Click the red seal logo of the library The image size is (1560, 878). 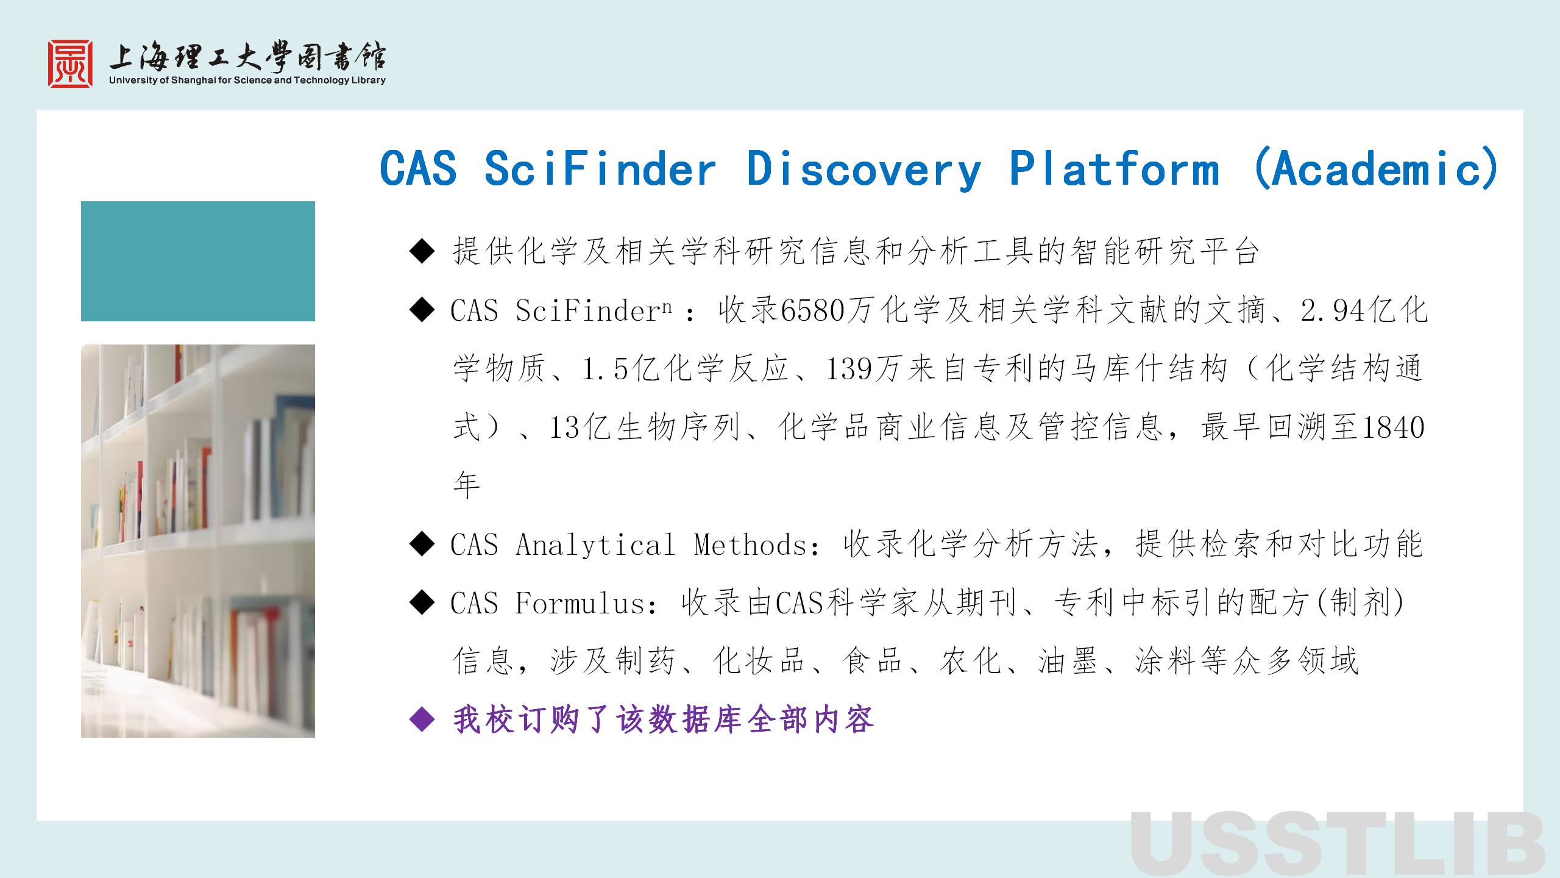[x=71, y=64]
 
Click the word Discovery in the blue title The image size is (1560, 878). [x=863, y=170]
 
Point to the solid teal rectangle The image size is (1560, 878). [x=198, y=261]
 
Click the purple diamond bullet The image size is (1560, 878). [x=422, y=719]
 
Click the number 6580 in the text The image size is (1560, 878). [x=812, y=310]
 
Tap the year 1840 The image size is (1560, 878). [x=1393, y=427]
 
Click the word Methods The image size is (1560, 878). [x=751, y=544]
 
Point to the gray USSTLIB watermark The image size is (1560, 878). [x=1337, y=844]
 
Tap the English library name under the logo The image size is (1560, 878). [x=247, y=80]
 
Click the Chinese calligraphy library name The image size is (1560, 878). [x=247, y=56]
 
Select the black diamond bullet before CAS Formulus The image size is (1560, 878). [x=422, y=602]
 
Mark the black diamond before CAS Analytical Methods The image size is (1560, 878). [x=422, y=544]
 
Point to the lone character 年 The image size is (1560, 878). [x=467, y=485]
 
